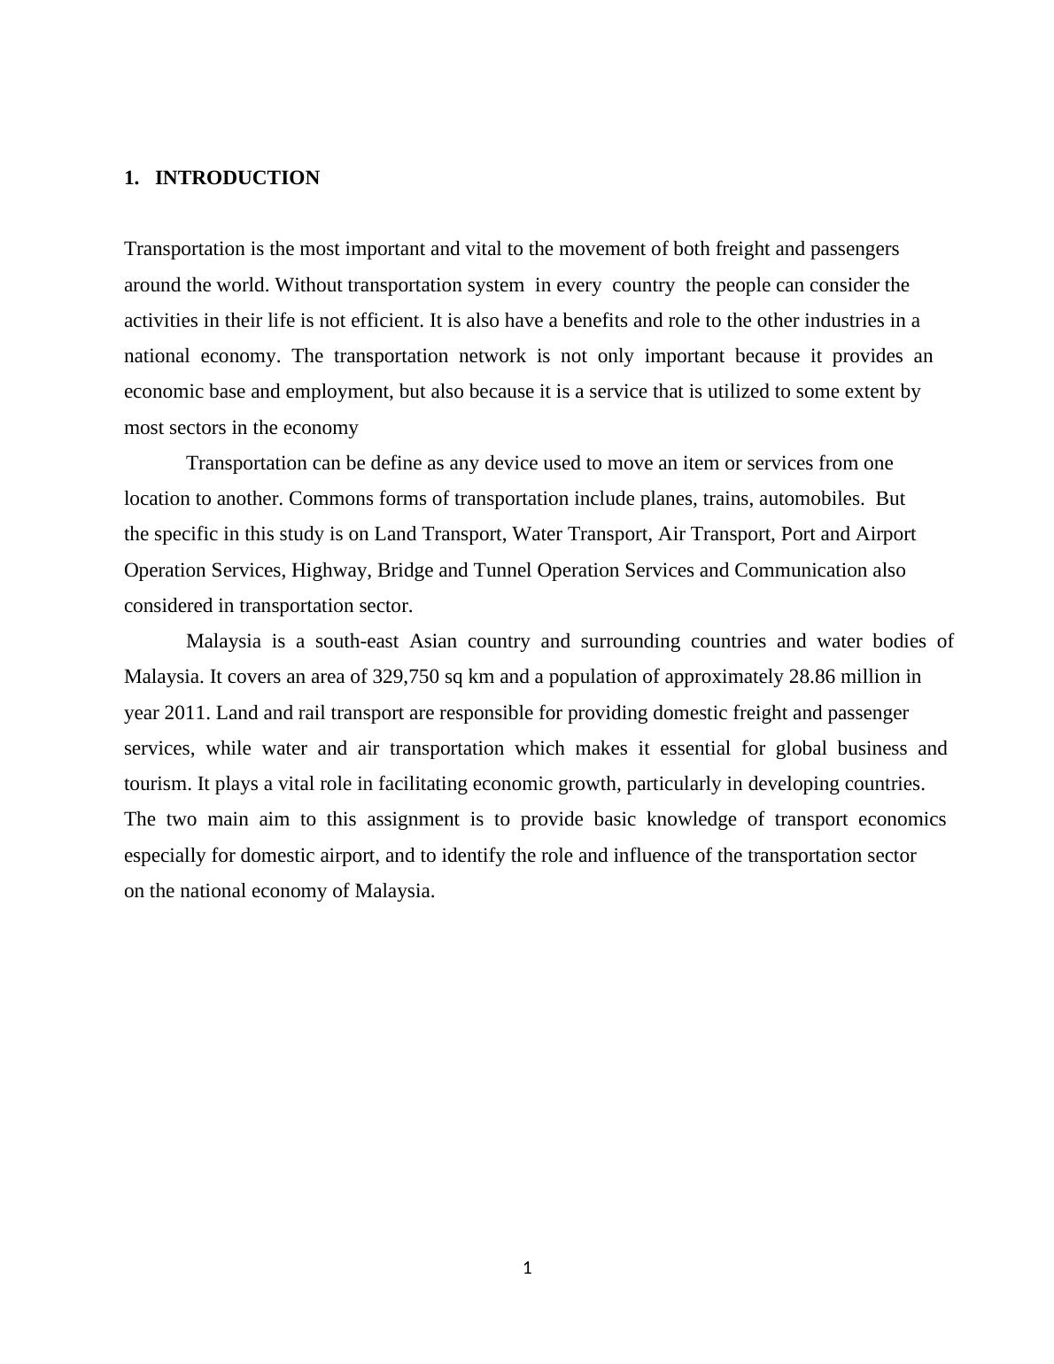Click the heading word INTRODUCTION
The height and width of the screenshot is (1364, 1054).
coord(236,178)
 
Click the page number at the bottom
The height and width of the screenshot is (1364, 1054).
coord(527,1268)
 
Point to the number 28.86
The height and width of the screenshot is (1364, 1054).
coord(811,677)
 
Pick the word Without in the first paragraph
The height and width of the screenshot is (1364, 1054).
coord(309,285)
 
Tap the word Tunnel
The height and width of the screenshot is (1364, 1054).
coord(502,570)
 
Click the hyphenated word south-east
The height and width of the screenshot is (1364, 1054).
coord(357,641)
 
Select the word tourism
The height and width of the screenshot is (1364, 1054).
coord(157,784)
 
